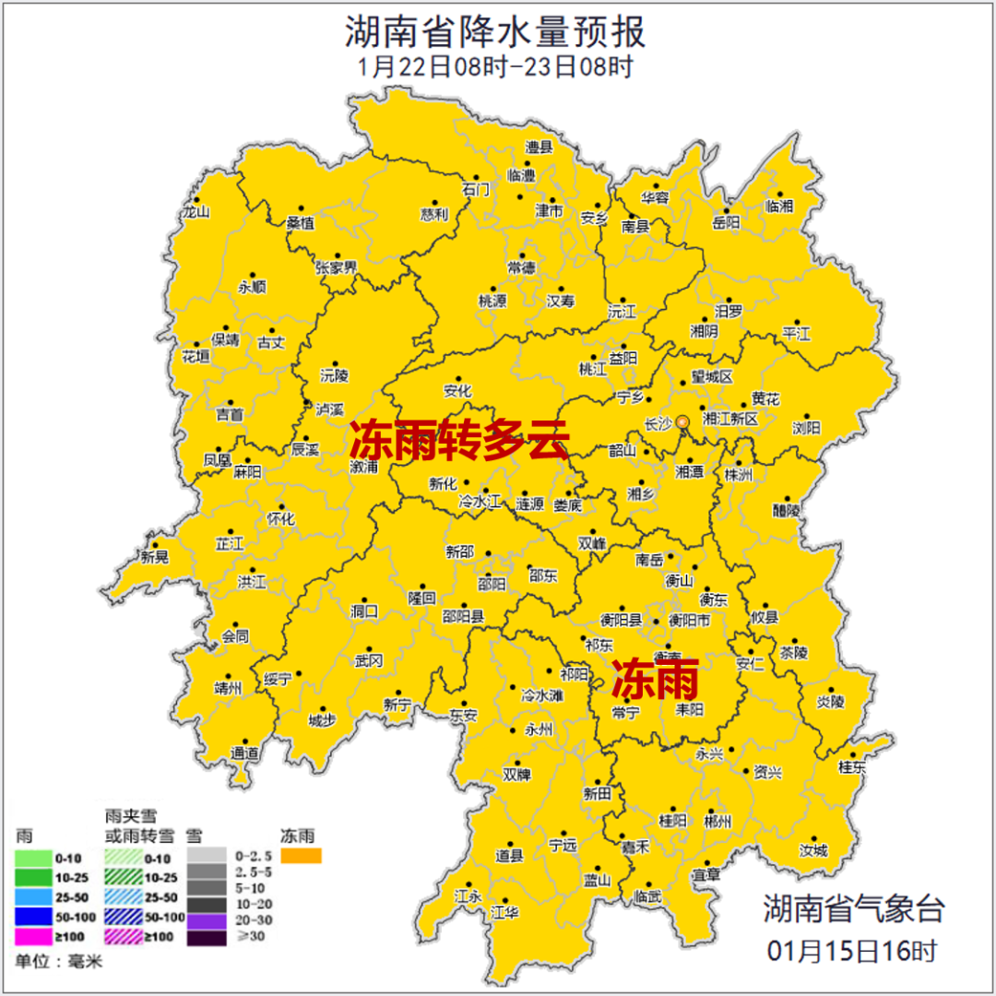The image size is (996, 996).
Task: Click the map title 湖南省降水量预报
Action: tap(495, 32)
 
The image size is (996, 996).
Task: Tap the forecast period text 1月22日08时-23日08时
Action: tap(495, 67)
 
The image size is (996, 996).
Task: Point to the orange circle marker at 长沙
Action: tap(682, 422)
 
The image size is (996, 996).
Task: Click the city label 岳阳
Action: tap(726, 222)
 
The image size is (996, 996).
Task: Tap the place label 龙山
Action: tap(196, 212)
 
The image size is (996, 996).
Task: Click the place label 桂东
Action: tap(852, 766)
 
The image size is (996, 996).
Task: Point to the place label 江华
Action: tap(505, 912)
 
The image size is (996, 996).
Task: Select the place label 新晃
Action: tap(155, 556)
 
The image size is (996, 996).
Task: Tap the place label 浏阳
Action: tap(806, 427)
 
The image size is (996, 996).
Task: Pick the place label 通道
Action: tap(245, 753)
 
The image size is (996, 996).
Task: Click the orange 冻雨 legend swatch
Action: tap(302, 857)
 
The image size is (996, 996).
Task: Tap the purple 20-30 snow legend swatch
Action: tap(207, 919)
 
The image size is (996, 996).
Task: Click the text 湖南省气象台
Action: tap(853, 908)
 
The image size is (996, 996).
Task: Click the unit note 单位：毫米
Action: tap(59, 962)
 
